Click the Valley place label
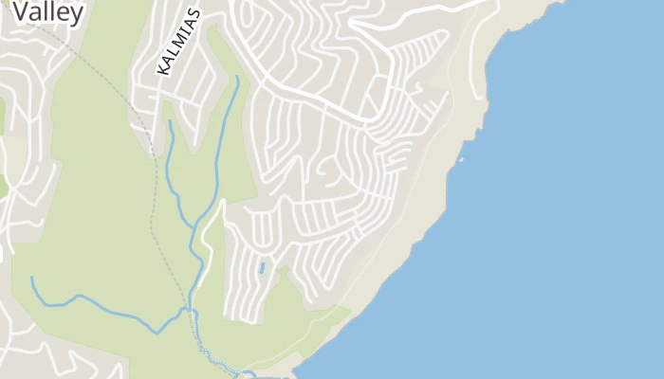click(x=47, y=12)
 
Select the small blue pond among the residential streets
click(x=261, y=268)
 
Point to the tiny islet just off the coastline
click(x=460, y=160)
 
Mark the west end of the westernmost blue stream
click(x=31, y=279)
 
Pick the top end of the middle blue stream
click(x=169, y=121)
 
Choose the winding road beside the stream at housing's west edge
click(x=210, y=237)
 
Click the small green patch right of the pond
click(x=284, y=271)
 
